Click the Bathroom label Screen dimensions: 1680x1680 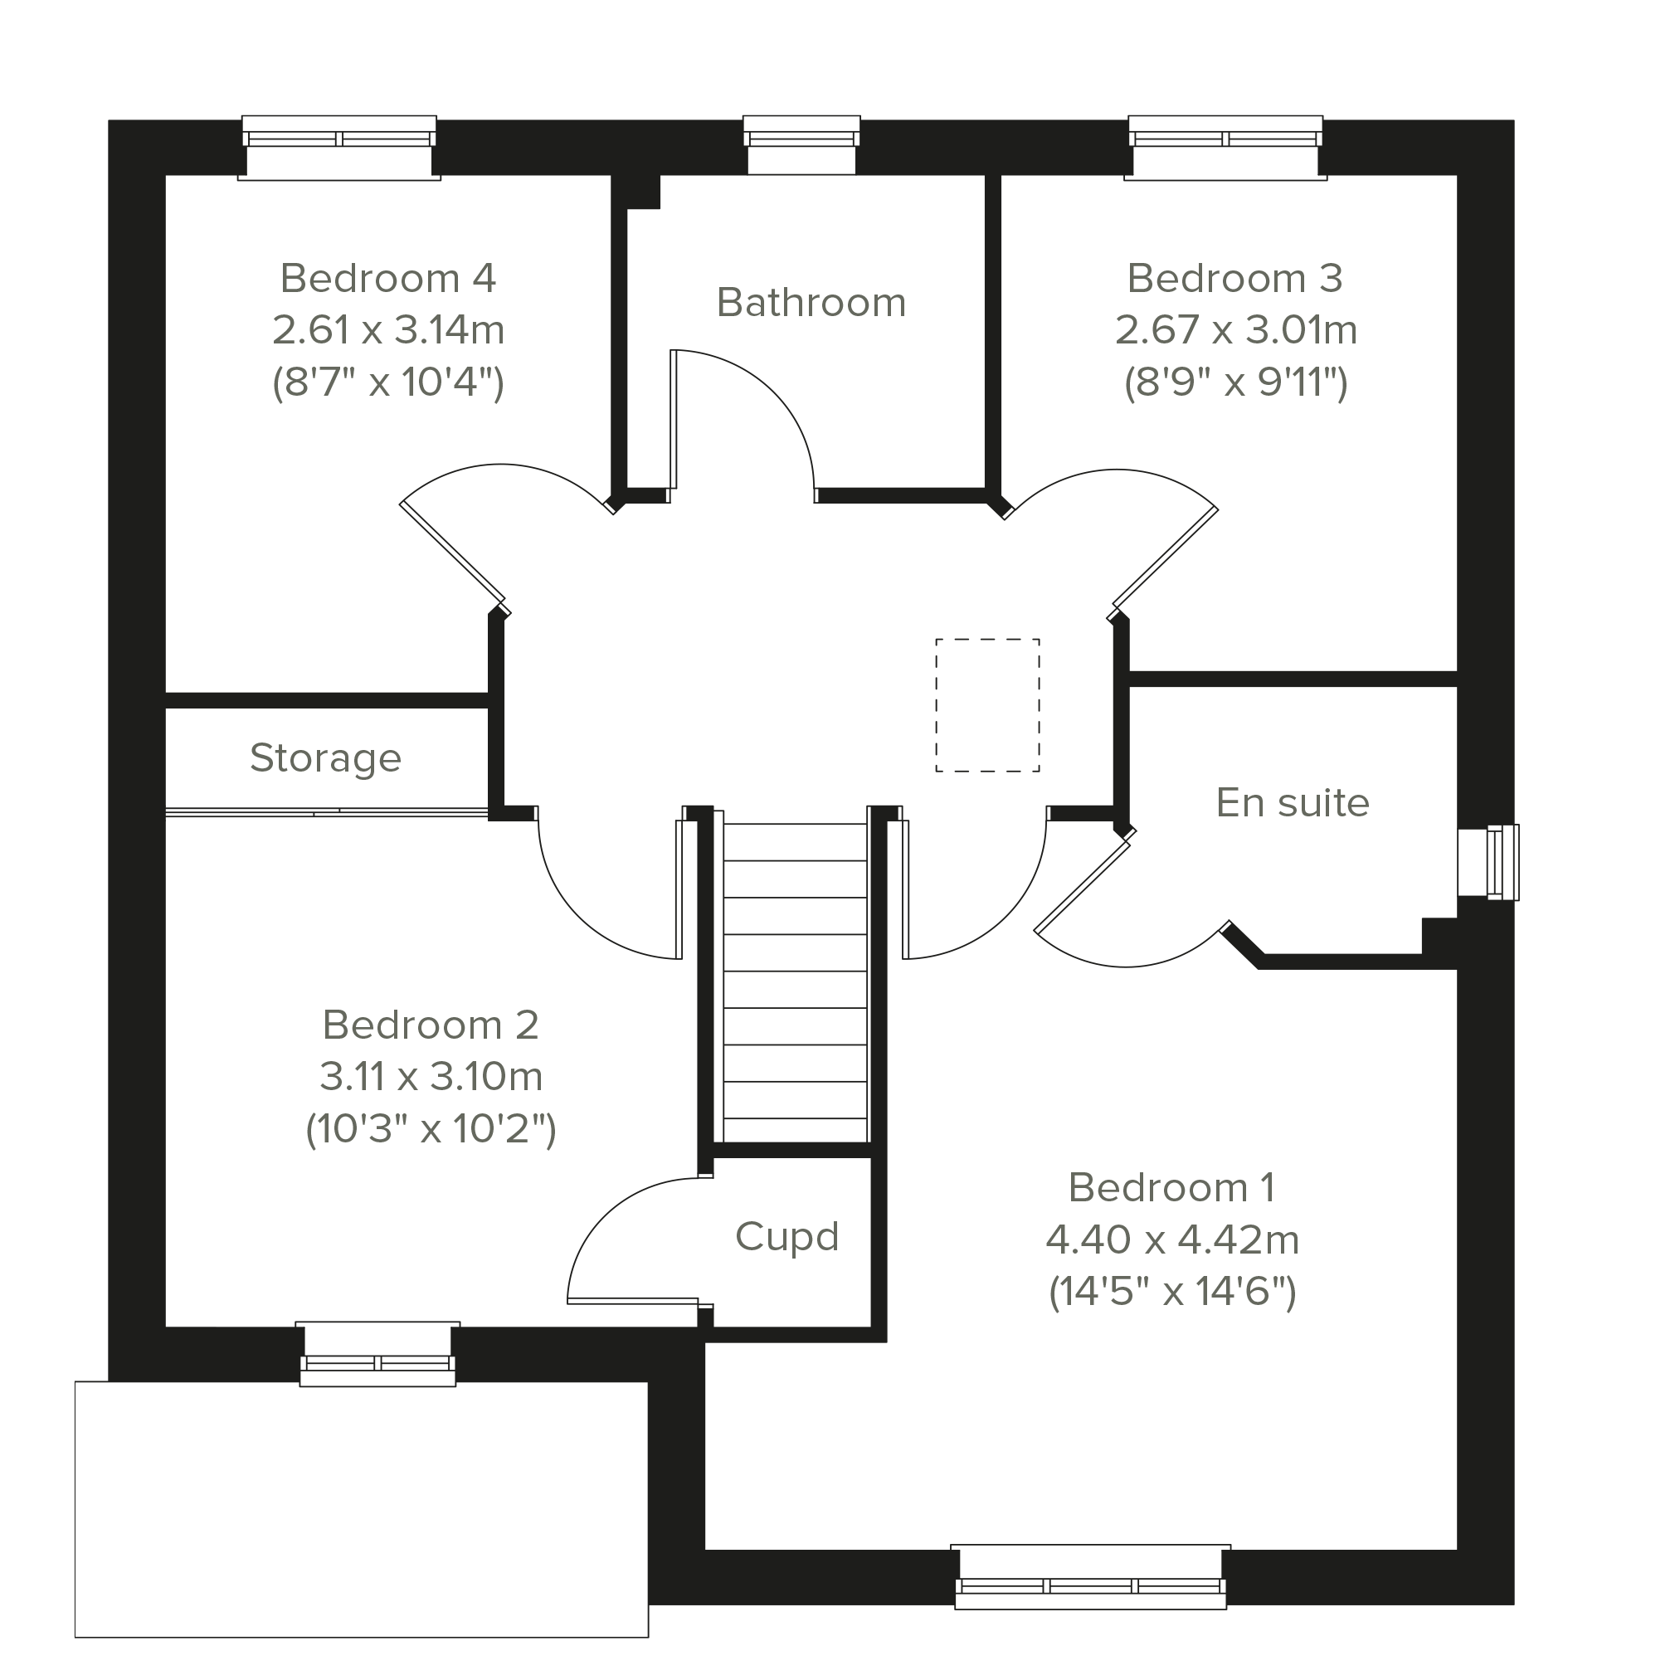click(x=811, y=303)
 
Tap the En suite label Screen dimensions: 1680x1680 click(x=1293, y=802)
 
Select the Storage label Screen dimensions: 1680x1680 click(x=325, y=758)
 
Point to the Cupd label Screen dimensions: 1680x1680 click(x=787, y=1236)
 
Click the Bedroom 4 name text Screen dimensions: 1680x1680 click(x=387, y=278)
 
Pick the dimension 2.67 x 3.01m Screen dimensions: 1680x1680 click(x=1235, y=329)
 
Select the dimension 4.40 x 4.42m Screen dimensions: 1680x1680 click(x=1172, y=1240)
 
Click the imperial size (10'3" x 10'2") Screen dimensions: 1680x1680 click(x=431, y=1130)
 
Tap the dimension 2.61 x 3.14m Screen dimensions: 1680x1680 click(x=387, y=329)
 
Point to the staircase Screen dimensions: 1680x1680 click(x=796, y=981)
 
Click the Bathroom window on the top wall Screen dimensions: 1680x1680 click(x=801, y=144)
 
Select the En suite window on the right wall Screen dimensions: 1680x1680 click(x=1488, y=863)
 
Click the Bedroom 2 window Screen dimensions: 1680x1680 click(x=377, y=1354)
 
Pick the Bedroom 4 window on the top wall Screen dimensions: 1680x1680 click(x=339, y=147)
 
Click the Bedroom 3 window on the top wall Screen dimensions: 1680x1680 click(x=1225, y=147)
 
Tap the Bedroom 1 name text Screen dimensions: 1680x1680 click(x=1171, y=1188)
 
